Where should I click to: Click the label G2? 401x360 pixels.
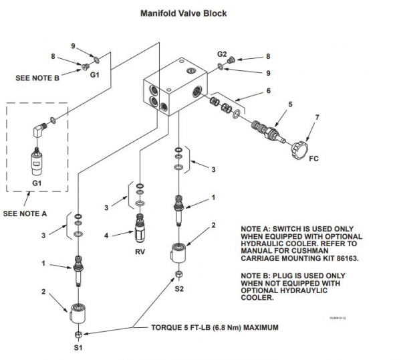[222, 53]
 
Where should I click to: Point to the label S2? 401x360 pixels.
[179, 288]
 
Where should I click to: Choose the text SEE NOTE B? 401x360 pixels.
[37, 78]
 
